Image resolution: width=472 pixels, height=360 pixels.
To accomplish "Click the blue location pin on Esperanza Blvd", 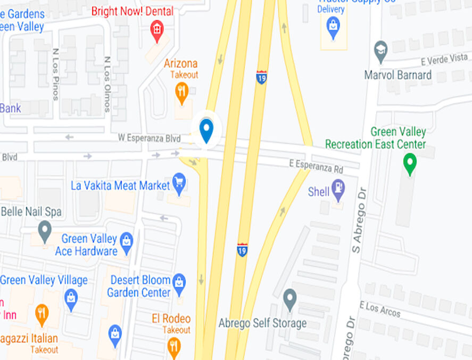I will coord(206,130).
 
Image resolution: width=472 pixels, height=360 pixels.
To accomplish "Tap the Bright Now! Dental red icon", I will coord(157,29).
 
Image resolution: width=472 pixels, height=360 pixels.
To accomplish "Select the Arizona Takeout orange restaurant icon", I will coord(182,92).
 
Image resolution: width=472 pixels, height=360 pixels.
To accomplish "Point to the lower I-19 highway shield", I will coord(242,249).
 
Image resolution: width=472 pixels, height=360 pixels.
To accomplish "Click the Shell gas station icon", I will coord(338,189).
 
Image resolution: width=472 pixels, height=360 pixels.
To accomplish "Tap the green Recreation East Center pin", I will coord(410,163).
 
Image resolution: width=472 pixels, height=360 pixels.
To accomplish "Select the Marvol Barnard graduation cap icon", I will coord(380,51).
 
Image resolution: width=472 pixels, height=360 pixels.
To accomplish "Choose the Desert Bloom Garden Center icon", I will coord(179,282).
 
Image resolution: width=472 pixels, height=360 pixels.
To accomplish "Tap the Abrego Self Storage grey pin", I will coord(289,299).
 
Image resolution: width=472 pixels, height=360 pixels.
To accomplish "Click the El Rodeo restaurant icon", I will coord(174,347).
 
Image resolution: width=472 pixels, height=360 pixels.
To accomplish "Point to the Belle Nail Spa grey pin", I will coord(45,231).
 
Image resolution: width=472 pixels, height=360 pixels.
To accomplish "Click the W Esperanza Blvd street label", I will coord(149,138).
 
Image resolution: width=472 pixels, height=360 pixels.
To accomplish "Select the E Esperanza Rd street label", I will coord(316,166).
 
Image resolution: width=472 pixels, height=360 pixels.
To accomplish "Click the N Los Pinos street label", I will coord(55,75).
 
